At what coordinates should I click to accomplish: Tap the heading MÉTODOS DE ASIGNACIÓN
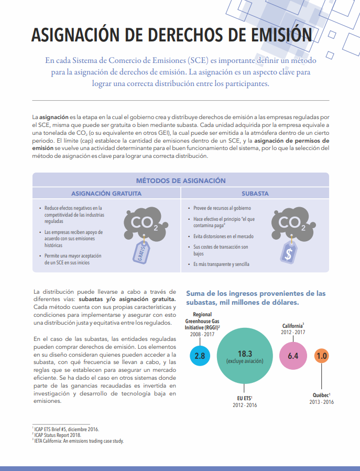pos(181,180)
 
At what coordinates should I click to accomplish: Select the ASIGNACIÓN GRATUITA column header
pos(106,194)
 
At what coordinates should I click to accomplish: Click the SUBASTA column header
pos(255,194)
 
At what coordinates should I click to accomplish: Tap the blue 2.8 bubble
pos(200,356)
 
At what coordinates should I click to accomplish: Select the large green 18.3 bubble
pos(245,357)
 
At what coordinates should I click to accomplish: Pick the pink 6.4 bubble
pos(293,356)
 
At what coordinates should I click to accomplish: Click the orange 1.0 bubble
pos(322,356)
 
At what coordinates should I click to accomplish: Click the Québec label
pos(321,395)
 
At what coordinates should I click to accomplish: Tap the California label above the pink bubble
pos(293,326)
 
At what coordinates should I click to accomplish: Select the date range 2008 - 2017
pos(202,334)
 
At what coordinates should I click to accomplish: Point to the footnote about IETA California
pos(78,441)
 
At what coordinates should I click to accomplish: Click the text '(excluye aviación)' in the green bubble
pos(245,361)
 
